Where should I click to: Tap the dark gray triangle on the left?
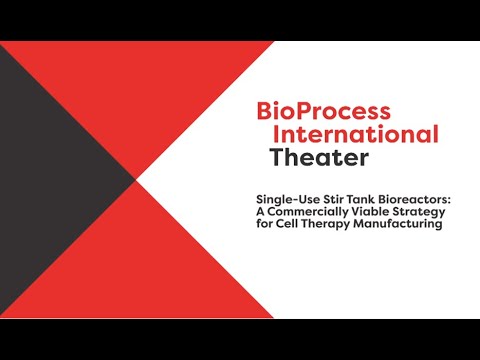pyautogui.click(x=50, y=180)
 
